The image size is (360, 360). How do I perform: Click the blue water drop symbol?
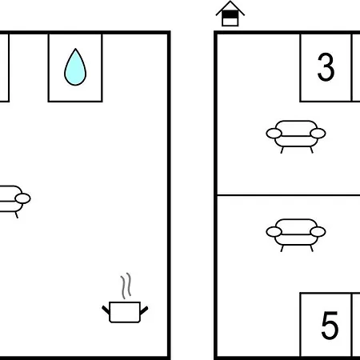(x=75, y=67)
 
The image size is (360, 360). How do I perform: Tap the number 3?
(x=326, y=67)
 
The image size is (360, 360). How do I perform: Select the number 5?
(x=330, y=326)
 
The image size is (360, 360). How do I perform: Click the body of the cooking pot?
(x=125, y=312)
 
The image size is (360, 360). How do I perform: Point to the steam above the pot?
(x=126, y=286)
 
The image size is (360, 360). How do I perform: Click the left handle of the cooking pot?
(x=106, y=310)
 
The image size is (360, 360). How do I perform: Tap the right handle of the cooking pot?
(x=144, y=310)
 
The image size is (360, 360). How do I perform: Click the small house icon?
(x=230, y=14)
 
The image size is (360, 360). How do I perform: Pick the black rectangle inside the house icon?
(x=230, y=14)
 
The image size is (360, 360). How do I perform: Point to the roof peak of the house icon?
(x=230, y=2)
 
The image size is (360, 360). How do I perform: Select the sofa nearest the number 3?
(x=296, y=137)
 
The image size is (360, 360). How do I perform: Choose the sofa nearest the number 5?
(x=296, y=235)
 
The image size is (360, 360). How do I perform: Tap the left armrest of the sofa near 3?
(x=274, y=134)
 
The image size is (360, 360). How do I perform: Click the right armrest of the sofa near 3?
(x=318, y=134)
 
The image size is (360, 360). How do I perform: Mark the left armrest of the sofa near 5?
(x=274, y=232)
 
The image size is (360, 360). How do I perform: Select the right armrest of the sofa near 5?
(x=318, y=232)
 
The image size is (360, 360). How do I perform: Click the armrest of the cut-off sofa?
(x=23, y=198)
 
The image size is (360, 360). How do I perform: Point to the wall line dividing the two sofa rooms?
(x=289, y=195)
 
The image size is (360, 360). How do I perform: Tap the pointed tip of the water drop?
(x=75, y=49)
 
